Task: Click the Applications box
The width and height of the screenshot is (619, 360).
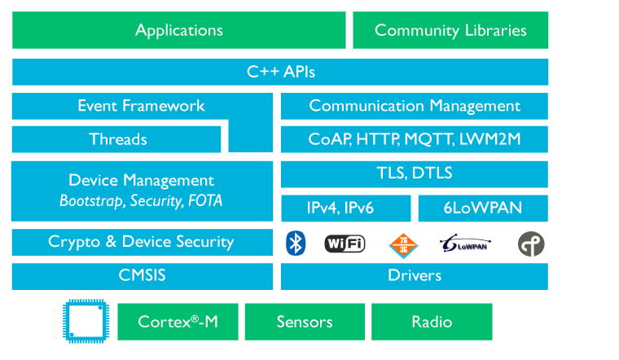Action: tap(179, 30)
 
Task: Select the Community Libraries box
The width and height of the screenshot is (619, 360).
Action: tap(450, 30)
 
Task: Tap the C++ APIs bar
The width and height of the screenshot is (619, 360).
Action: tap(280, 72)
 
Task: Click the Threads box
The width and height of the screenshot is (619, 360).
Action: tap(116, 139)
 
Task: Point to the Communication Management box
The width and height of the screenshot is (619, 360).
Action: tap(415, 106)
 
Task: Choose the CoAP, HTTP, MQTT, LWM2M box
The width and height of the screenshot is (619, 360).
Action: tap(415, 139)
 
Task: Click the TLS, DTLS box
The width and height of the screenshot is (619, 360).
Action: tap(415, 174)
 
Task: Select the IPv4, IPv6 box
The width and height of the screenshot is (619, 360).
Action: tap(346, 208)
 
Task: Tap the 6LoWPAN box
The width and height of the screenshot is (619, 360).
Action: tap(483, 208)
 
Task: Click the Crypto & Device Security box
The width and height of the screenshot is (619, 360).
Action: tap(142, 242)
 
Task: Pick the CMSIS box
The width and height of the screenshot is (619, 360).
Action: tap(142, 276)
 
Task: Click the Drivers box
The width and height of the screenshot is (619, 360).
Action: tap(415, 276)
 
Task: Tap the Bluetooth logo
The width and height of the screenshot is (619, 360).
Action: tap(296, 244)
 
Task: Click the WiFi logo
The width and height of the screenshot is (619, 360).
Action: tap(345, 244)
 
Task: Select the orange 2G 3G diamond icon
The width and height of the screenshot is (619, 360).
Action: tap(403, 245)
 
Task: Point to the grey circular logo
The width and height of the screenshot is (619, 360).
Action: tap(531, 244)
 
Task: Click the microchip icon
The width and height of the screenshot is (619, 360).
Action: tap(86, 322)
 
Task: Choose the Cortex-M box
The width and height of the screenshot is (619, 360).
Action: tap(178, 322)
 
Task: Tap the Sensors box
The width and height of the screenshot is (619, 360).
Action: tap(305, 322)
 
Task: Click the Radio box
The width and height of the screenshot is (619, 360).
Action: tap(432, 322)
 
